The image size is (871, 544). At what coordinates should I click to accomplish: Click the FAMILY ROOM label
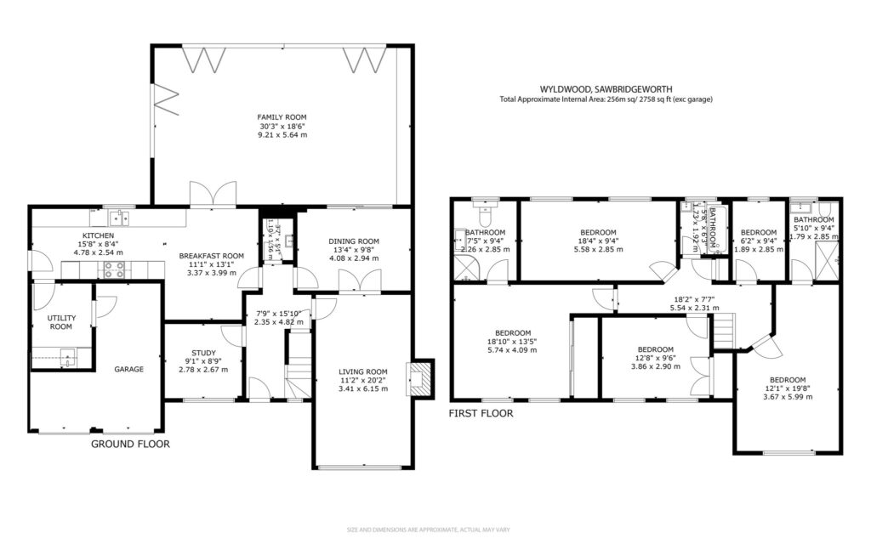[x=282, y=117]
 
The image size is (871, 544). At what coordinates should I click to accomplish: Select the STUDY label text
[x=203, y=353]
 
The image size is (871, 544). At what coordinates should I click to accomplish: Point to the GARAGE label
[x=129, y=369]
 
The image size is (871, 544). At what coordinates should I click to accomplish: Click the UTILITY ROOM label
[x=60, y=321]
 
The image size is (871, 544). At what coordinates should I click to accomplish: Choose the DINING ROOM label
[x=353, y=241]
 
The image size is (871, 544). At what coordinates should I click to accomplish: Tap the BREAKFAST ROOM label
[x=212, y=255]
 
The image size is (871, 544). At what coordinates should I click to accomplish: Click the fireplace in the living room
[x=419, y=377]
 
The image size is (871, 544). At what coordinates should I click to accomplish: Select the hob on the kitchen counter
[x=113, y=270]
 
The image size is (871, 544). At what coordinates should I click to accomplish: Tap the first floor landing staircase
[x=723, y=330]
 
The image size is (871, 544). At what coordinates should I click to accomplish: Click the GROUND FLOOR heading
[x=130, y=444]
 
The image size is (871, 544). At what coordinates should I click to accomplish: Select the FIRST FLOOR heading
[x=481, y=414]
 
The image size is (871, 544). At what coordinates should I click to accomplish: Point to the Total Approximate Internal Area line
[x=606, y=99]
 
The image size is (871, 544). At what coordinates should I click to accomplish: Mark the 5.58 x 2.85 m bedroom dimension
[x=598, y=250]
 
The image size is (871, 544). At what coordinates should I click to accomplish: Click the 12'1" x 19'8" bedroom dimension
[x=787, y=388]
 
